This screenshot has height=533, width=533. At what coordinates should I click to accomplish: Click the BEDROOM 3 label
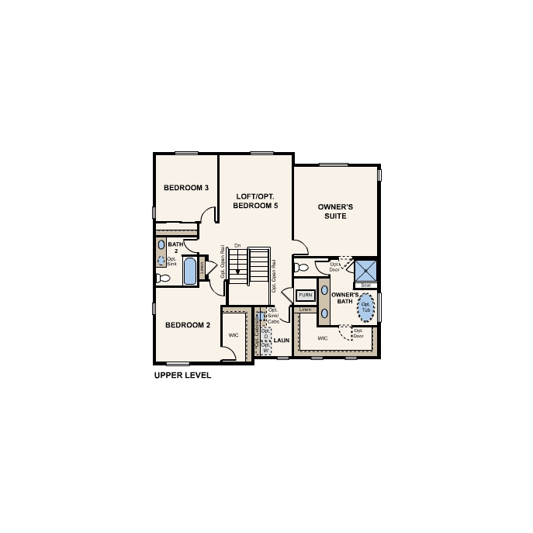point(186,188)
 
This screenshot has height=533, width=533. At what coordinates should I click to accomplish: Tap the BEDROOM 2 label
point(186,325)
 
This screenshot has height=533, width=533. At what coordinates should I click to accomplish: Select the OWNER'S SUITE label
point(336,211)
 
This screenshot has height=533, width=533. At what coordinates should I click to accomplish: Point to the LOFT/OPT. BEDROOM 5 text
point(256,201)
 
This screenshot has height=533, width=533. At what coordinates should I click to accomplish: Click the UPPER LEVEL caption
point(182,375)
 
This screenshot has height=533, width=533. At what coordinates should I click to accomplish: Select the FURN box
point(305,296)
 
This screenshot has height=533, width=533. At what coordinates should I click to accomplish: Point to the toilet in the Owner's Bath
point(302,267)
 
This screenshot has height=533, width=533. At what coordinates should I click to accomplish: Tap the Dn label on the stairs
point(237,246)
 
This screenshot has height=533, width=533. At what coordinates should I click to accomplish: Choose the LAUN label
point(281,340)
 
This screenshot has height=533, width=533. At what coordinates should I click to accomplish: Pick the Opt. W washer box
point(265,348)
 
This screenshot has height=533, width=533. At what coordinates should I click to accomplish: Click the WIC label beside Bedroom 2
point(234,335)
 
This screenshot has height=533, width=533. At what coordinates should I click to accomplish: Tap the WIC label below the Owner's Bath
point(323,338)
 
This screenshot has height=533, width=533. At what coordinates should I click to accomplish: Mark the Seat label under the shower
point(365,286)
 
